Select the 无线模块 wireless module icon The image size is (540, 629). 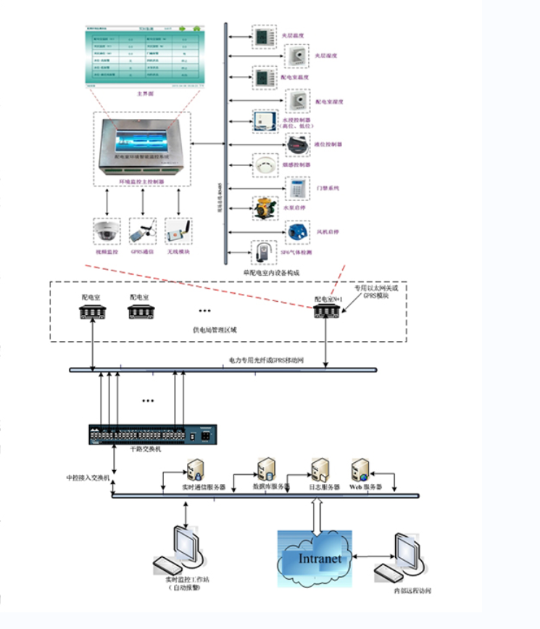coord(178,231)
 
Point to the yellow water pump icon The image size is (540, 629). coord(262,209)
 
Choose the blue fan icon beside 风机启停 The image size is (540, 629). coord(297,232)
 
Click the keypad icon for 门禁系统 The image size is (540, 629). coord(296,187)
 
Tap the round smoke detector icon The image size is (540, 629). coord(262,165)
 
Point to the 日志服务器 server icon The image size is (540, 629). coord(320,469)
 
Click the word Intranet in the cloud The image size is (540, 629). coord(320,559)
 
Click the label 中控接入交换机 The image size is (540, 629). coord(87,478)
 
